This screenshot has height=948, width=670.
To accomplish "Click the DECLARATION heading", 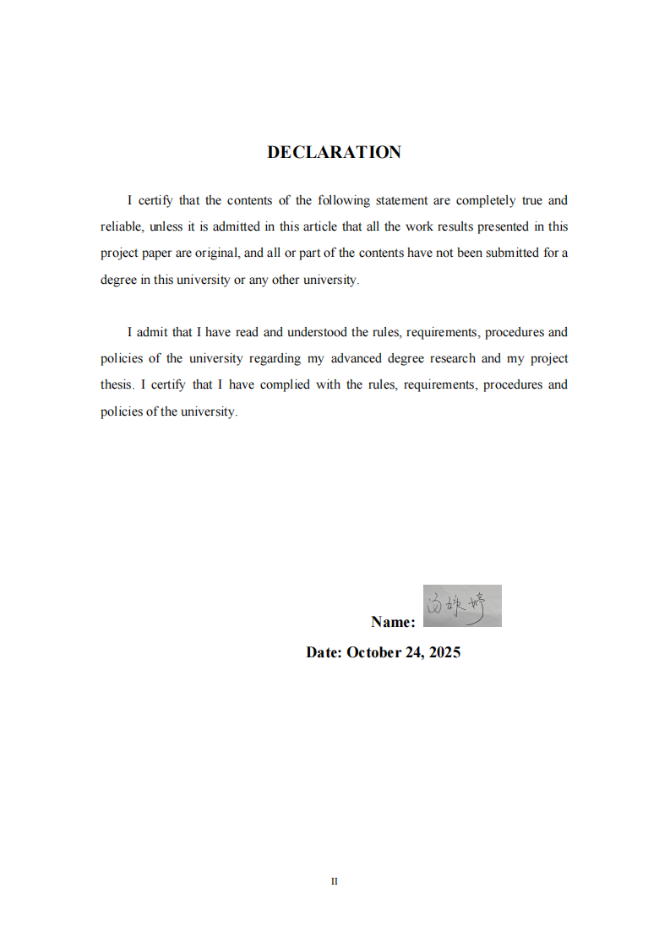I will pyautogui.click(x=334, y=152).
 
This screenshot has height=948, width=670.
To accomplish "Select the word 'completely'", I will pyautogui.click(x=486, y=200).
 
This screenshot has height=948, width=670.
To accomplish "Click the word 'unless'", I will pyautogui.click(x=166, y=226).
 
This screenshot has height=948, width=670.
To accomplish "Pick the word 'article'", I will pyautogui.click(x=301, y=226).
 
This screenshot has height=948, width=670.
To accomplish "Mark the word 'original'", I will pyautogui.click(x=217, y=253).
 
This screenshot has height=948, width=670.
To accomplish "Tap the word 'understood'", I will pyautogui.click(x=317, y=332).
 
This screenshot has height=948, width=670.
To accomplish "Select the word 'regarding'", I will pyautogui.click(x=275, y=358).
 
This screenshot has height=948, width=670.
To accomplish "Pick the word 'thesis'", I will pyautogui.click(x=117, y=384).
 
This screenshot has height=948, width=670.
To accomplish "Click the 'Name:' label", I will pyautogui.click(x=393, y=622).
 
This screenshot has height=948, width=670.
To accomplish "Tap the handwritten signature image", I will pyautogui.click(x=461, y=606).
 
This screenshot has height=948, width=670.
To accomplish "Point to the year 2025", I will pyautogui.click(x=444, y=652).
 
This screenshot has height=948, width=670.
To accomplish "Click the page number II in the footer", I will pyautogui.click(x=335, y=881).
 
